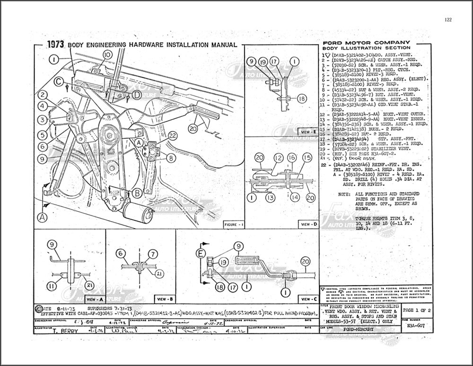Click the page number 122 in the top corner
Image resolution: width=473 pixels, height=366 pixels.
(448, 19)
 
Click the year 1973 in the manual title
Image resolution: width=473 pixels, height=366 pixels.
(56, 45)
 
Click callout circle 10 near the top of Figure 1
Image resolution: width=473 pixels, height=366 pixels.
(107, 55)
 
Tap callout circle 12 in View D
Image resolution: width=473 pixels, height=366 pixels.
(279, 157)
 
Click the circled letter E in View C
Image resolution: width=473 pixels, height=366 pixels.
(200, 254)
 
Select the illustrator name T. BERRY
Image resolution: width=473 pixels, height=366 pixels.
(65, 331)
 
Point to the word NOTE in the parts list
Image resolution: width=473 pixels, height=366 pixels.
(345, 194)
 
